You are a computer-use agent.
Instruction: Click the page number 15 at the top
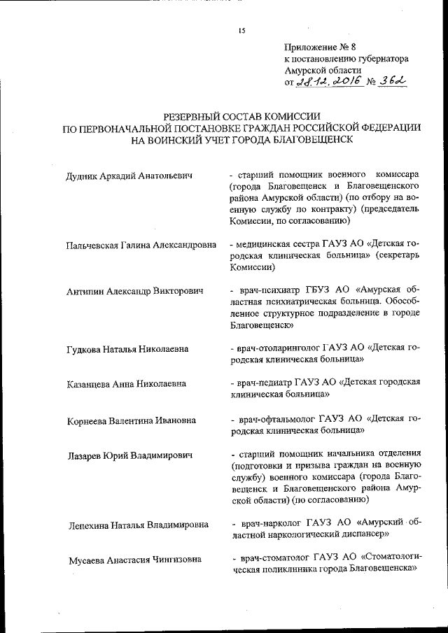click(x=242, y=29)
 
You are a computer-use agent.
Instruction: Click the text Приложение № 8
click(x=311, y=48)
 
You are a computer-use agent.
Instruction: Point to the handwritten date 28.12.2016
click(x=328, y=82)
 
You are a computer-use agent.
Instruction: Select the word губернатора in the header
click(x=380, y=59)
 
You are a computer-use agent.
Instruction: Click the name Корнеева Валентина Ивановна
click(x=131, y=420)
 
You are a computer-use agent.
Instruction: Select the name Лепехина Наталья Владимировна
click(x=139, y=525)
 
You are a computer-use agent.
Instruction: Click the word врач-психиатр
click(x=267, y=290)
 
